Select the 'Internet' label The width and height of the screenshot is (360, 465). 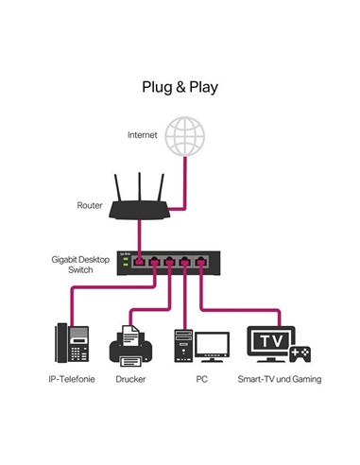coord(143,135)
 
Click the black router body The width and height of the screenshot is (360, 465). coord(139,213)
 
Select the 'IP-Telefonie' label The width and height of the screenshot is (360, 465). coord(72,379)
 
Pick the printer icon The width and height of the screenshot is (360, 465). coord(131,347)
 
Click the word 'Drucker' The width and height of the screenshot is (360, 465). coord(130,379)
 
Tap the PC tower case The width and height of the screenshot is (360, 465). coord(184,347)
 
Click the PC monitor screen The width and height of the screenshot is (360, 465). coord(211,342)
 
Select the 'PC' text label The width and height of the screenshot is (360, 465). coord(201,379)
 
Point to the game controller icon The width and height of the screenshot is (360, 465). coord(301,354)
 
